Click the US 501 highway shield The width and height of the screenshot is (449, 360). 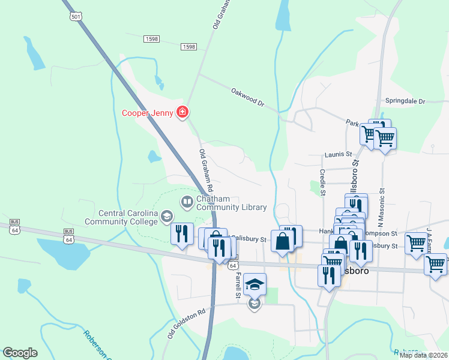pos(76,17)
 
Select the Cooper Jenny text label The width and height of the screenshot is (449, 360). pos(147,113)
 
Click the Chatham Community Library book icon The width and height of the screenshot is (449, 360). pos(187,201)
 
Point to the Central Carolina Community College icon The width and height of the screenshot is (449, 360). pos(166,217)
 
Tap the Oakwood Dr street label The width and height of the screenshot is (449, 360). pos(247,97)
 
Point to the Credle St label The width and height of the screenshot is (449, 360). pos(322,182)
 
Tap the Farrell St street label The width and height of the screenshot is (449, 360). pos(238,286)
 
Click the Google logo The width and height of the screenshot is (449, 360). pos(20,353)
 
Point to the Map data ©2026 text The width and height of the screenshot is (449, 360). pos(423,355)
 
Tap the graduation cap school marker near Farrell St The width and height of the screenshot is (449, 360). pos(255,285)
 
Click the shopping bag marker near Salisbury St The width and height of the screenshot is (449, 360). pos(282,241)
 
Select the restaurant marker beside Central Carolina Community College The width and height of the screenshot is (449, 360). pos(182,234)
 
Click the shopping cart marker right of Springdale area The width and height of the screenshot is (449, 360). pos(385,138)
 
